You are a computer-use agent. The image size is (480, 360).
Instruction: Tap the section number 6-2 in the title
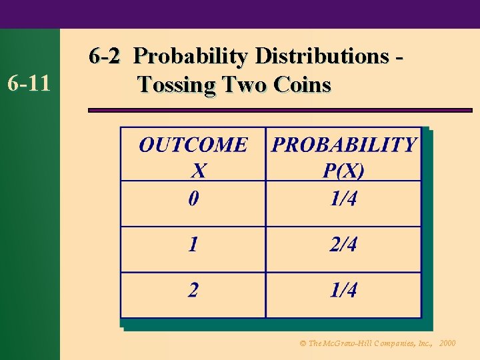pyautogui.click(x=105, y=56)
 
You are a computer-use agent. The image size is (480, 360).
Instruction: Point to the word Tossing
pyautogui.click(x=177, y=85)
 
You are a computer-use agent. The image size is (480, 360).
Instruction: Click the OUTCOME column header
pyautogui.click(x=193, y=145)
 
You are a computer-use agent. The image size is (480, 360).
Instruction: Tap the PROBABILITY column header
pyautogui.click(x=343, y=145)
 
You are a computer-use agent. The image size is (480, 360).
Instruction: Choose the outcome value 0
pyautogui.click(x=193, y=199)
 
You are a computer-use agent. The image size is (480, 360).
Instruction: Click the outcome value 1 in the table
pyautogui.click(x=193, y=245)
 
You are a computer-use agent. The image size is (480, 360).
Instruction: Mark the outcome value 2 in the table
pyautogui.click(x=193, y=290)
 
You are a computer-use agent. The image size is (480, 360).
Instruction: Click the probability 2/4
pyautogui.click(x=343, y=245)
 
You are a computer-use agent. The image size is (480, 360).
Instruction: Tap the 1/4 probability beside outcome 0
pyautogui.click(x=343, y=199)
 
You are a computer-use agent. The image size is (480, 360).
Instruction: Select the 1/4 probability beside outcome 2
pyautogui.click(x=343, y=290)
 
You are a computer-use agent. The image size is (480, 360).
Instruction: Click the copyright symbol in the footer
pyautogui.click(x=303, y=343)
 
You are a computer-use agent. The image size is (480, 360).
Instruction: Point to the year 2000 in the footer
pyautogui.click(x=447, y=343)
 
